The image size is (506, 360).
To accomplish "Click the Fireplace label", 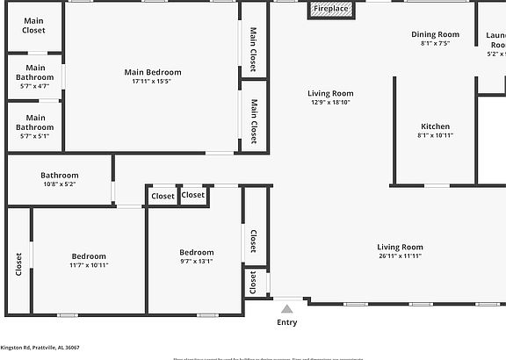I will pyautogui.click(x=331, y=9).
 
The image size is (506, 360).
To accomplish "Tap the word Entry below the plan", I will pyautogui.click(x=287, y=322).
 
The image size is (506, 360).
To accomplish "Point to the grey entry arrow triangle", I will pyautogui.click(x=286, y=308).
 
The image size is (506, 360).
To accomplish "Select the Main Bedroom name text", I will pyautogui.click(x=153, y=72).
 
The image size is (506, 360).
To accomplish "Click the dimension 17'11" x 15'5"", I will pyautogui.click(x=153, y=82).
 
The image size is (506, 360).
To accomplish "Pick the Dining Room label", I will pyautogui.click(x=436, y=34).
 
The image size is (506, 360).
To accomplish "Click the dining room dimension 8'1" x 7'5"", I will pyautogui.click(x=436, y=43).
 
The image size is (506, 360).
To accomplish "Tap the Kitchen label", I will pyautogui.click(x=436, y=126).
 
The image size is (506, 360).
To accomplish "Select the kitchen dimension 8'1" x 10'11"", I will pyautogui.click(x=436, y=135).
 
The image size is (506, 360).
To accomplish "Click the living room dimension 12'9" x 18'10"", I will pyautogui.click(x=330, y=103).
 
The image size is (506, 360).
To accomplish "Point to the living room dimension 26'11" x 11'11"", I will pyautogui.click(x=401, y=256).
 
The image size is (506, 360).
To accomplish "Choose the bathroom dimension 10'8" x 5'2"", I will pyautogui.click(x=60, y=184).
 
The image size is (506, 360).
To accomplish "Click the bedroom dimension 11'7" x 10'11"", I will pyautogui.click(x=90, y=265).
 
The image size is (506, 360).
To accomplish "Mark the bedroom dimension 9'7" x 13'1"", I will pyautogui.click(x=197, y=261).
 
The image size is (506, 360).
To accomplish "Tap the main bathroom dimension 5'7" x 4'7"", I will pyautogui.click(x=35, y=86).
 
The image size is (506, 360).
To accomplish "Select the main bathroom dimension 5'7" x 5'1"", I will pyautogui.click(x=35, y=136).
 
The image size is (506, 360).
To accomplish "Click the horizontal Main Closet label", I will pyautogui.click(x=34, y=25).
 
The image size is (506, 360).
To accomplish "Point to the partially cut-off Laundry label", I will pyautogui.click(x=496, y=40).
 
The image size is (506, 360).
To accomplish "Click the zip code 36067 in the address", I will pyautogui.click(x=70, y=348).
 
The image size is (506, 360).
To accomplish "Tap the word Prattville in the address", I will pyautogui.click(x=44, y=348).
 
